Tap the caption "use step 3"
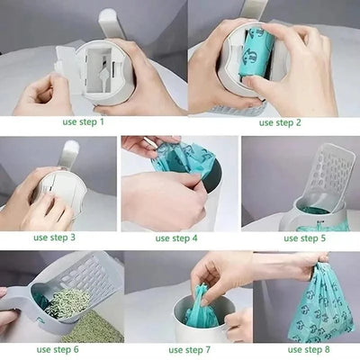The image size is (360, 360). tap(54, 238)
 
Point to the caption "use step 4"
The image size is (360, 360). tap(175, 238)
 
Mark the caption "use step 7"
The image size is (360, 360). tap(188, 349)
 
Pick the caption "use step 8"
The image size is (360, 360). tap(307, 349)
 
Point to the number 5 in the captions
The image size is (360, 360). tap(324, 238)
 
